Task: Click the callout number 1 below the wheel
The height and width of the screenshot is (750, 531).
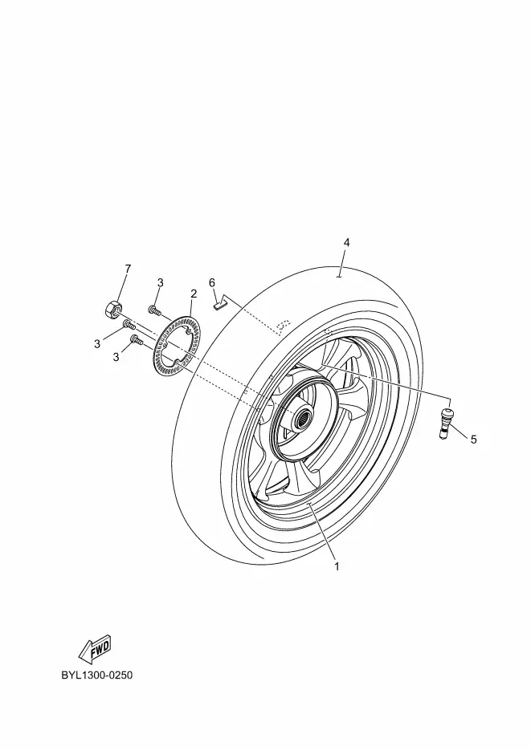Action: [337, 566]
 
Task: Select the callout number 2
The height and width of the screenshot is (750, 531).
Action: [194, 294]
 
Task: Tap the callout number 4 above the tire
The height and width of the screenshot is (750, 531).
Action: [347, 242]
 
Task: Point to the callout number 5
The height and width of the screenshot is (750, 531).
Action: [473, 439]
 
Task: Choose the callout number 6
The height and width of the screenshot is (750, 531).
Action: [212, 282]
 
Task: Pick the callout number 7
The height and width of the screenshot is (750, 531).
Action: [128, 269]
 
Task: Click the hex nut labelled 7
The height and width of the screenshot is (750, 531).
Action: [112, 309]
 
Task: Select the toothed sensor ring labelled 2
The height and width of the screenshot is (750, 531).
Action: [177, 344]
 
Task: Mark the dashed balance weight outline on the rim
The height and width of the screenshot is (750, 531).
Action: [283, 326]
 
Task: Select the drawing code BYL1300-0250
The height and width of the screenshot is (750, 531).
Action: [96, 675]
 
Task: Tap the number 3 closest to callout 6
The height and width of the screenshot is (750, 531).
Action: [161, 282]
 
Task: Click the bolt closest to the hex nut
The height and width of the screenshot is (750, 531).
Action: [129, 325]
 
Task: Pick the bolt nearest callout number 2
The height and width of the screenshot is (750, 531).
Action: [154, 310]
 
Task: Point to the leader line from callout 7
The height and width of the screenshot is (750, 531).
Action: [121, 289]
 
